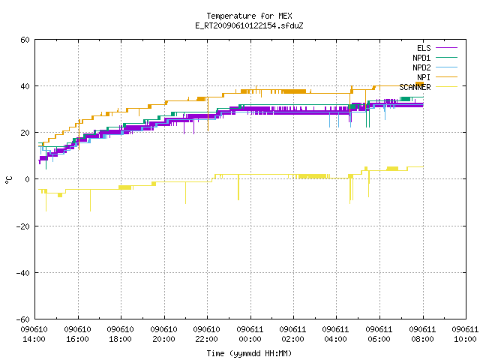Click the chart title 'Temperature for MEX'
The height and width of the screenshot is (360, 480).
pos(249,16)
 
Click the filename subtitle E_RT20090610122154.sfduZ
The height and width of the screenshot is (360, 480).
pos(249,25)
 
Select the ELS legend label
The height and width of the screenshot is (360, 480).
pos(424,48)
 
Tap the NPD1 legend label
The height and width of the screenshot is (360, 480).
pos(421,58)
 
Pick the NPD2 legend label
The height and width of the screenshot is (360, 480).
pos(421,67)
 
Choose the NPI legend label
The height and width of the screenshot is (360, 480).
pos(424,77)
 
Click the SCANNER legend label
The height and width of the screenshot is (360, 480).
pos(415,87)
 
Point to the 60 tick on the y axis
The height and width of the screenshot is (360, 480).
pos(25,40)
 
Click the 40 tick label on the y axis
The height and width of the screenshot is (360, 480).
pos(25,86)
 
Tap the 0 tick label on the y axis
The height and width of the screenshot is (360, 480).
pos(27,179)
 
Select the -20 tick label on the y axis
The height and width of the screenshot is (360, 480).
pos(23,226)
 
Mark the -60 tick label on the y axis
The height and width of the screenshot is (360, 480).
pos(23,319)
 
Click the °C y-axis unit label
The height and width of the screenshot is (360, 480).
pos(8,180)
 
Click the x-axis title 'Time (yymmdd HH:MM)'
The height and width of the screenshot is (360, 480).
pos(249,353)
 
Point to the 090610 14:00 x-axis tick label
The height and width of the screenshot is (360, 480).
pos(34,334)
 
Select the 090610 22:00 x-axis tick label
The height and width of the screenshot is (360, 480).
pos(207,334)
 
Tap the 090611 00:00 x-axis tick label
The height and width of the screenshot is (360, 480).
pos(250,334)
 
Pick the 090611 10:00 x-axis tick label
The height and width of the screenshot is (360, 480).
pos(465,334)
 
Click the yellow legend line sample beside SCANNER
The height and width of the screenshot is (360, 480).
pos(447,87)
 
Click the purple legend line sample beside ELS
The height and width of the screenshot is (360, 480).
pos(447,48)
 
